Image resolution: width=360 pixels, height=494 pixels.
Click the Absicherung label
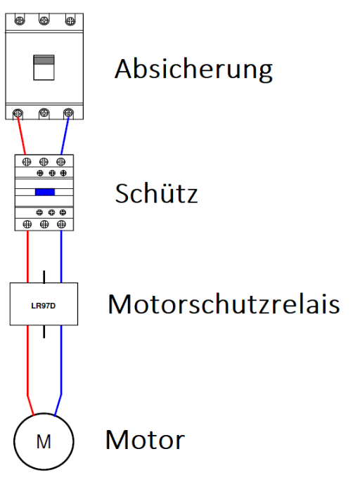coord(193,70)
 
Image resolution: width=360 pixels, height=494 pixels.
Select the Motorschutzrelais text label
coord(224,304)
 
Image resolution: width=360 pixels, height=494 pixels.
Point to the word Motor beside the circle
coord(145,440)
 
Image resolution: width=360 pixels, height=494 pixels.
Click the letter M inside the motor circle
coord(44,442)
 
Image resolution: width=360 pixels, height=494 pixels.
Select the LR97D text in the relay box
coord(44,306)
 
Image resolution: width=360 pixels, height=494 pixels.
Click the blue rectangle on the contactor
coord(45,192)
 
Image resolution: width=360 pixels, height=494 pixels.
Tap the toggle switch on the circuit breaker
coord(44,67)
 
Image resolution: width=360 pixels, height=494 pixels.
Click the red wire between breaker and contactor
coord(21,136)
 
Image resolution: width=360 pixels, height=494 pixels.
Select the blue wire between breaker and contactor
coord(65,136)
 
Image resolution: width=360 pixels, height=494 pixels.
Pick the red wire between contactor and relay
coord(27,256)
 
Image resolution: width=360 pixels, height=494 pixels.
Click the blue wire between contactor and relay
coord(61,256)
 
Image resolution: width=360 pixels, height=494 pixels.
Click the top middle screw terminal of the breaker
coord(44,20)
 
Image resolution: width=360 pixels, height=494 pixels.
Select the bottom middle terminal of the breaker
coord(44,112)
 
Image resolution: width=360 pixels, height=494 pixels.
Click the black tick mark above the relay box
coord(44,277)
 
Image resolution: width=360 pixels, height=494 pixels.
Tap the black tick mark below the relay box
coord(44,332)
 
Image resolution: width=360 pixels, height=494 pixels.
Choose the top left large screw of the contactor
coord(27,162)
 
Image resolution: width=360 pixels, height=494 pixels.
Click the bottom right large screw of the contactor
coord(61,224)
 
